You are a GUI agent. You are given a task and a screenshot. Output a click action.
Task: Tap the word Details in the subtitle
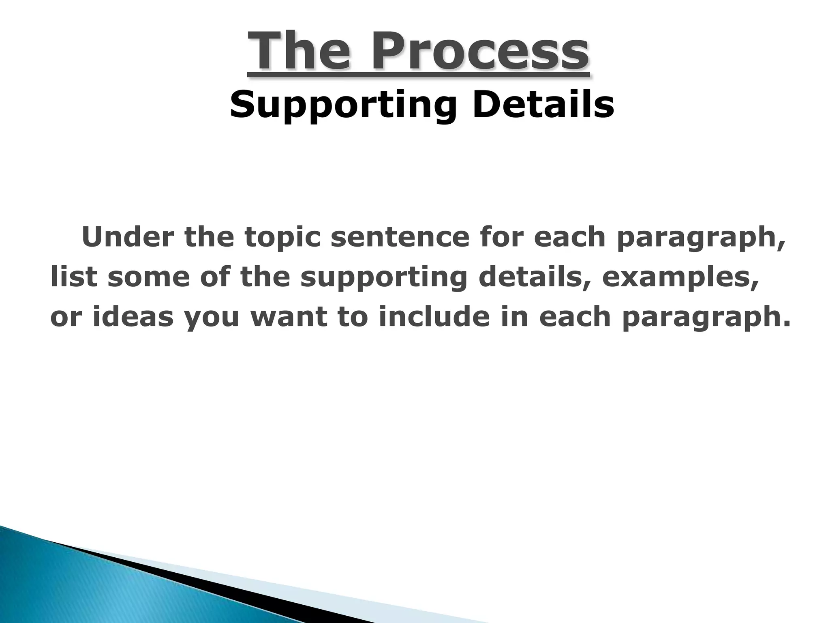pos(543,105)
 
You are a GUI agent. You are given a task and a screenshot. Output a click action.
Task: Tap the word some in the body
pos(149,277)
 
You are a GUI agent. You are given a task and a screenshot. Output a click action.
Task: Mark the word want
pos(289,318)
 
